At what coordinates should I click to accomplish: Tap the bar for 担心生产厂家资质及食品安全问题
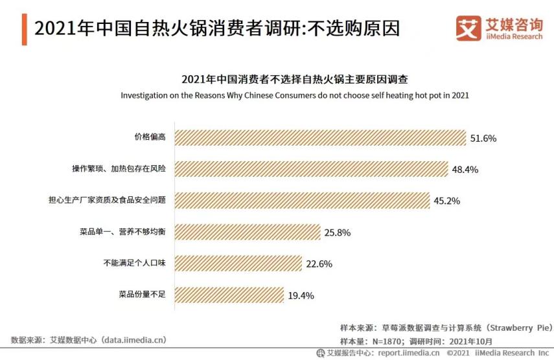click(302, 200)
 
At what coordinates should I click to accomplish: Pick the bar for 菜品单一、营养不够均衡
click(248, 232)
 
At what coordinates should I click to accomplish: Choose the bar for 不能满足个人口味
click(238, 263)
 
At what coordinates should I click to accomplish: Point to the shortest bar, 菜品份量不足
click(229, 295)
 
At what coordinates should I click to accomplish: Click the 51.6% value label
click(483, 139)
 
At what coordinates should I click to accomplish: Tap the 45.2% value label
click(446, 201)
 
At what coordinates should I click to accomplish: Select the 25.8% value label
click(337, 232)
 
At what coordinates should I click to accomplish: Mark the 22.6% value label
click(319, 264)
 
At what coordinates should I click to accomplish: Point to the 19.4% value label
click(301, 295)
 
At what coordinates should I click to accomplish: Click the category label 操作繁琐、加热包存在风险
click(119, 169)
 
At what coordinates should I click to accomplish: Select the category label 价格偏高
click(150, 137)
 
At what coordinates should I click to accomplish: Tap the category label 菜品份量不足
click(143, 295)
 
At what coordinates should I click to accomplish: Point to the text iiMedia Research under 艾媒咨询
click(514, 38)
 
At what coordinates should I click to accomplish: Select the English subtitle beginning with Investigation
click(295, 95)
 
